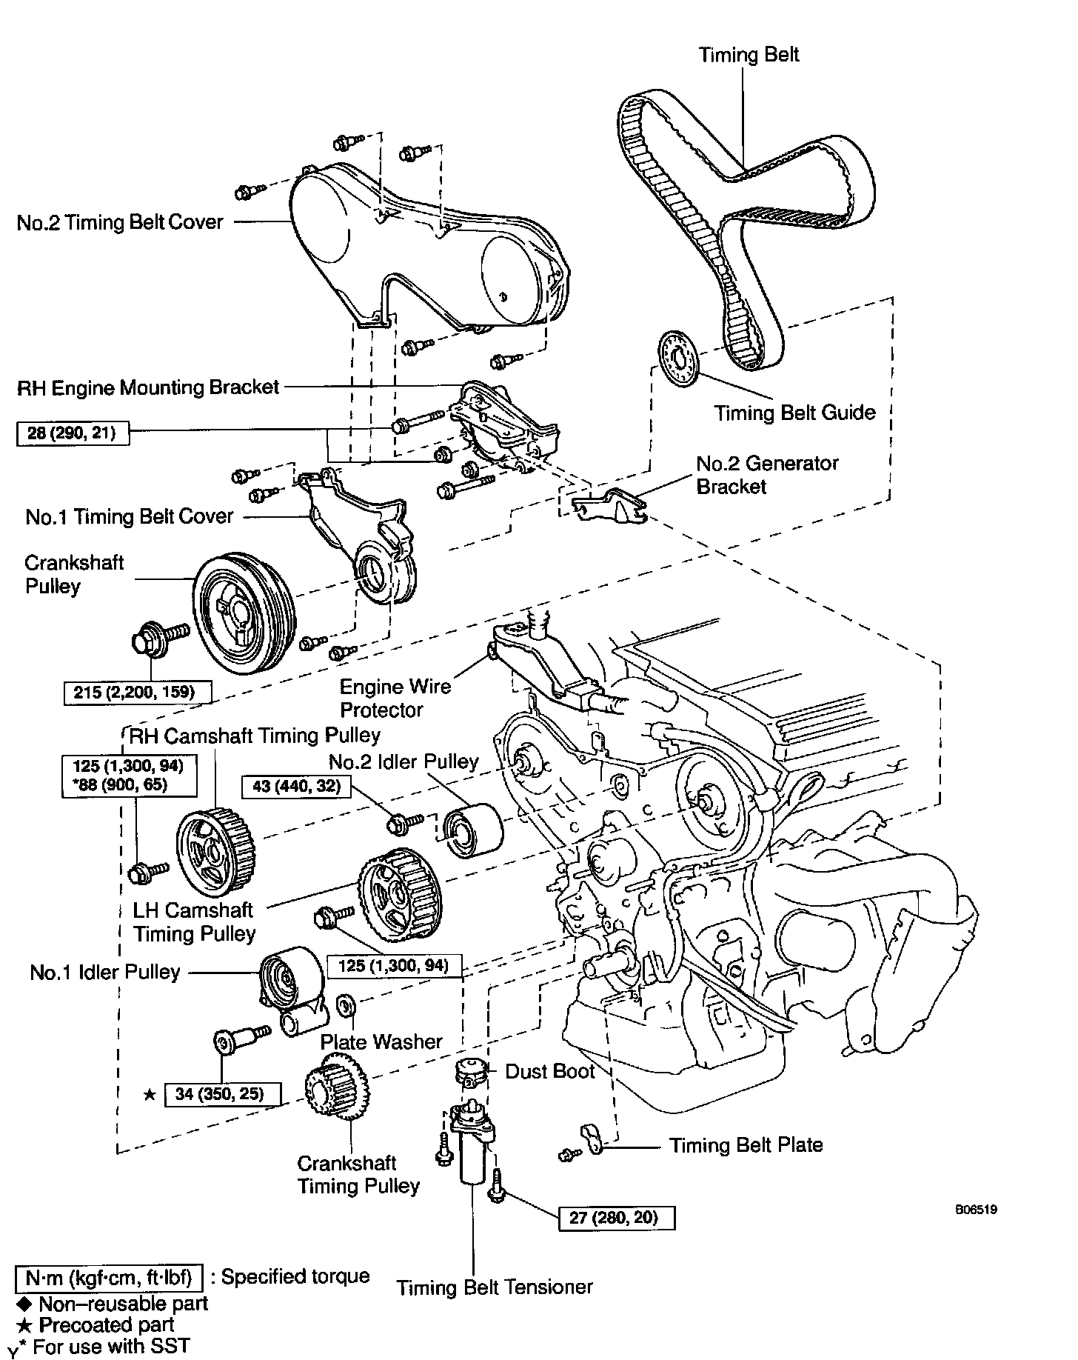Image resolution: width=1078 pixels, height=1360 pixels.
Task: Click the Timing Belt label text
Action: tap(749, 55)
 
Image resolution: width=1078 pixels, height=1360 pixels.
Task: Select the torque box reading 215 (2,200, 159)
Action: tap(138, 692)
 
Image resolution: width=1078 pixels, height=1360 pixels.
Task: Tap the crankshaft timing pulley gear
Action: tap(338, 1091)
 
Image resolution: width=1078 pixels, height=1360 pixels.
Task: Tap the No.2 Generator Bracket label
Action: tap(766, 475)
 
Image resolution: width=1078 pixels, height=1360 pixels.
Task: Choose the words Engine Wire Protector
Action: tap(395, 698)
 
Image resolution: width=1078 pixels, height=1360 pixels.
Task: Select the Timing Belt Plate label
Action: tap(746, 1145)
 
